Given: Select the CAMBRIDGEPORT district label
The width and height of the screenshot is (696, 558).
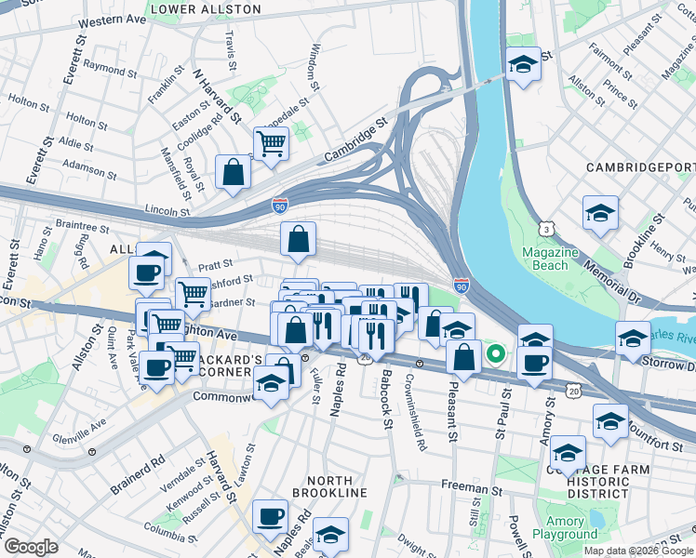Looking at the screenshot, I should pos(640,166).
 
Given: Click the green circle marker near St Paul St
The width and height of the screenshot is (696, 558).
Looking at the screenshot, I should pos(497,353).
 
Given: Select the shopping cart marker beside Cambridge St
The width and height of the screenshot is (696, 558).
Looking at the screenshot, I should pos(271,144).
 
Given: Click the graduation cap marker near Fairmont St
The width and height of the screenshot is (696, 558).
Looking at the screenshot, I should pos(523,64).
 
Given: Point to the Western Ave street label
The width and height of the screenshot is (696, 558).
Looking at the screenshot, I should pos(114,20).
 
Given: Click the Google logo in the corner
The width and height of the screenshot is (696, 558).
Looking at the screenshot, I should pos(31,547).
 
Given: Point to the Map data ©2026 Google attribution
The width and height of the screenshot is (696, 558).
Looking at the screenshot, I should pos(636,551).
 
